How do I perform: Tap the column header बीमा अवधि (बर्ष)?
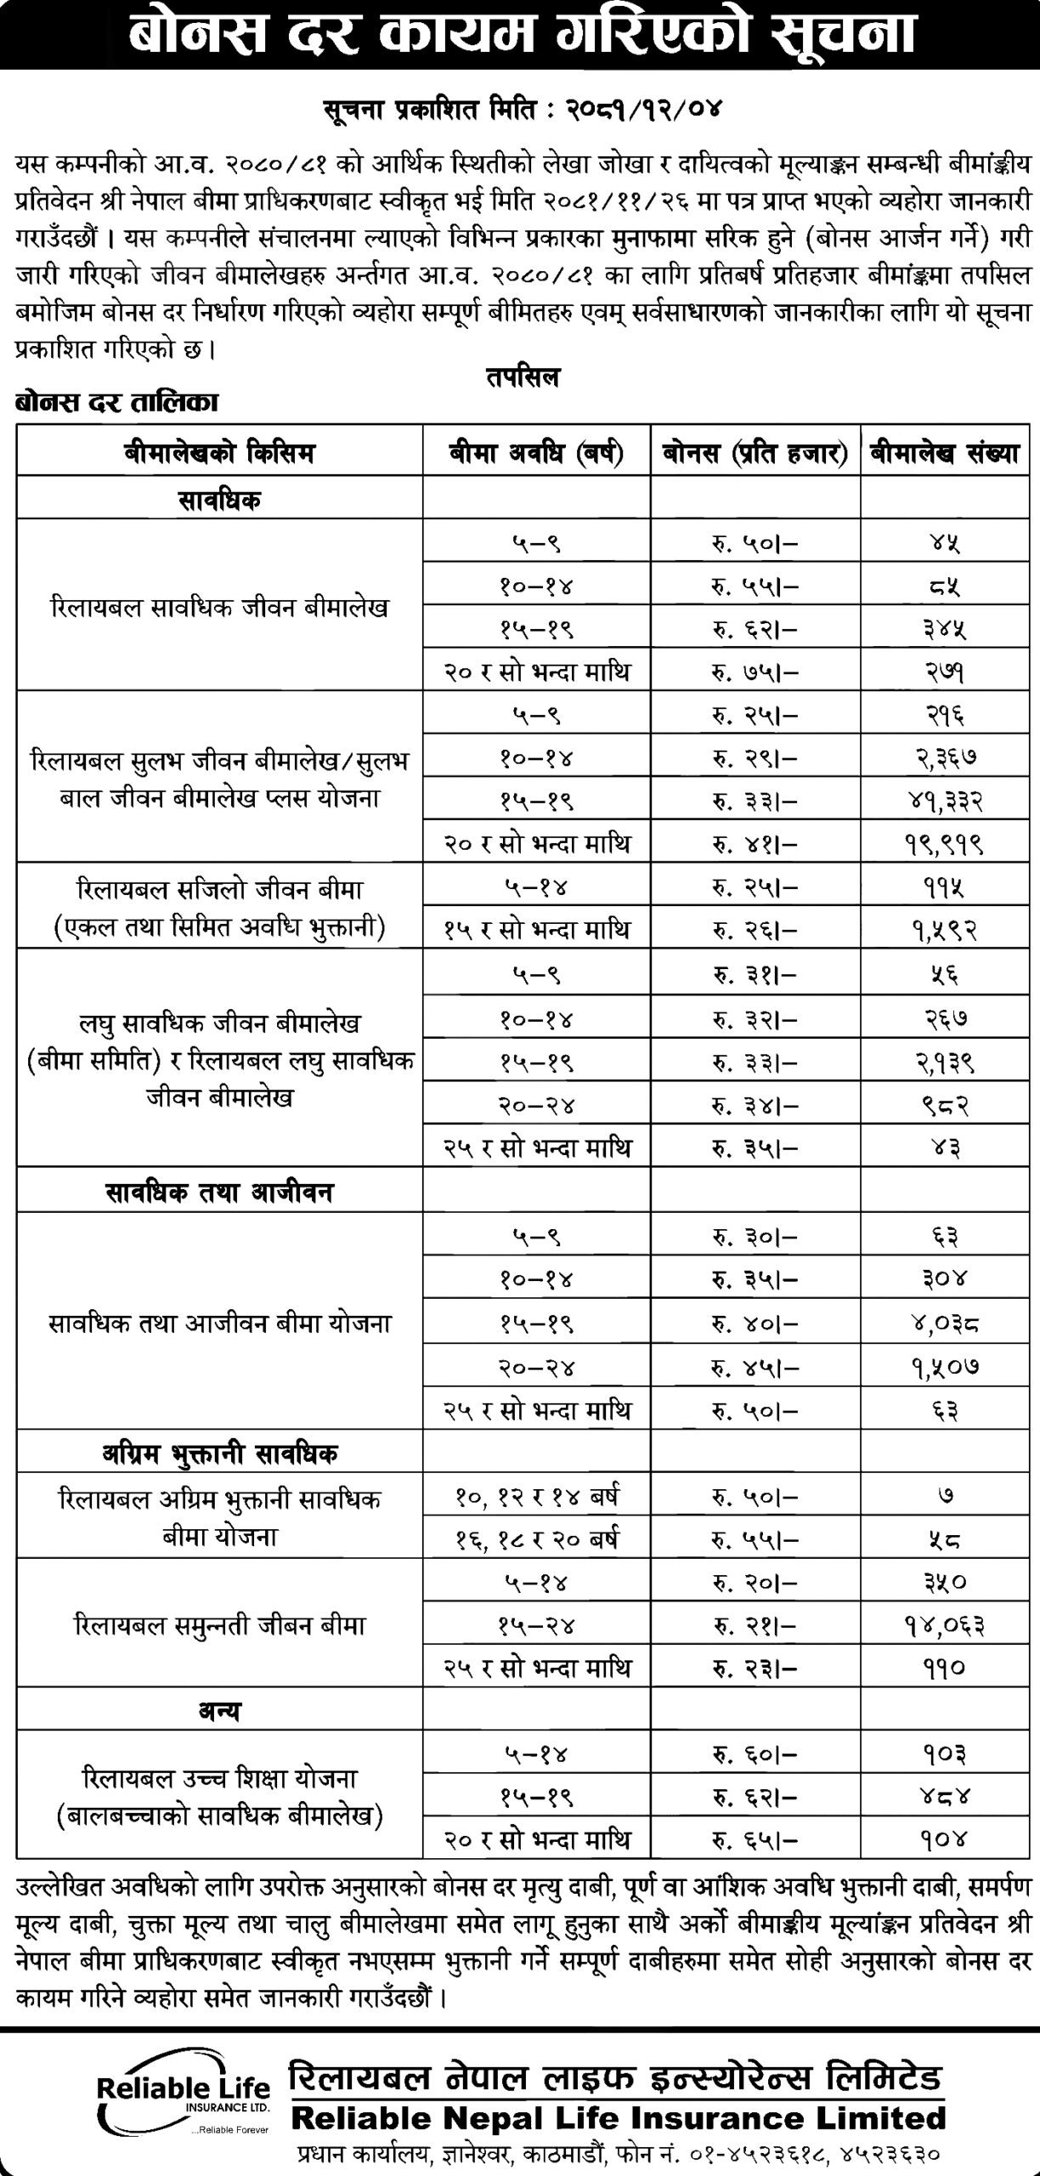(x=536, y=454)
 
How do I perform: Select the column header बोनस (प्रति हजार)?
(x=755, y=454)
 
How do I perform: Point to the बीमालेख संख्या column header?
(x=944, y=454)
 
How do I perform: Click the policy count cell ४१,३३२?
(x=944, y=800)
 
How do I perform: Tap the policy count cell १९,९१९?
(x=944, y=844)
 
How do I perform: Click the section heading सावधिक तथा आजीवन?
(x=219, y=1192)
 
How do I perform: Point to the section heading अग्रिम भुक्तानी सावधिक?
(x=219, y=1453)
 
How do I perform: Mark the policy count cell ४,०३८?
(x=944, y=1323)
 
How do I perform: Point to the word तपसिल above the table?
(x=523, y=378)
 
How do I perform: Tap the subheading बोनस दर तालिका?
(x=116, y=403)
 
